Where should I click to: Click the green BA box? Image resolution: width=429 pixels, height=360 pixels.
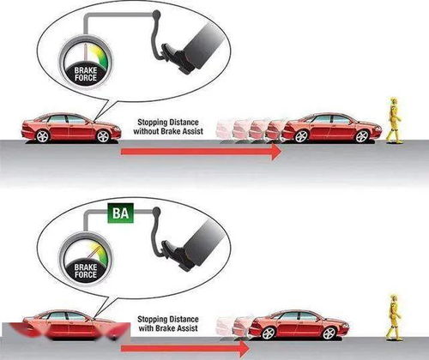(121, 213)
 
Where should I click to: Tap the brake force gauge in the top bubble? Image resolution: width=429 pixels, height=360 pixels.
(86, 63)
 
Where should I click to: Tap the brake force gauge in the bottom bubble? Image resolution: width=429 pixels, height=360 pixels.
(86, 260)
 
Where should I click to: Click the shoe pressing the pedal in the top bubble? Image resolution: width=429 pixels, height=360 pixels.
(178, 58)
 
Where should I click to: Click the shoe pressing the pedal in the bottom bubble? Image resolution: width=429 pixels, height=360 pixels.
(178, 256)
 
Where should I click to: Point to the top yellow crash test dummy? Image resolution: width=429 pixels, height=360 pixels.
(394, 120)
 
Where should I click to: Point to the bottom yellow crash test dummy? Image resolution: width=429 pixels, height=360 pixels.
(394, 317)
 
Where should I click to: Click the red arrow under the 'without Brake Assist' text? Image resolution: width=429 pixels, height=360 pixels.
(202, 152)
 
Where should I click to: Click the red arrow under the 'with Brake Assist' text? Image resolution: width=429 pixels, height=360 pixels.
(185, 349)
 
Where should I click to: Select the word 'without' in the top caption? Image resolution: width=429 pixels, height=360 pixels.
(146, 131)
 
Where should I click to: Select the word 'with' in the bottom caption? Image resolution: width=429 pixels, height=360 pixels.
(145, 328)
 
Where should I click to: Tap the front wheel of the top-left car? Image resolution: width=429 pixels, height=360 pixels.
(103, 136)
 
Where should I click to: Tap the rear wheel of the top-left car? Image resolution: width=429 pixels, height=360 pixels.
(42, 136)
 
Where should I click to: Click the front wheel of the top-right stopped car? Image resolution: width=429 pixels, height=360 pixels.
(362, 136)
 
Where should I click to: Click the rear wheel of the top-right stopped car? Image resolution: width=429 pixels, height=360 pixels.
(301, 136)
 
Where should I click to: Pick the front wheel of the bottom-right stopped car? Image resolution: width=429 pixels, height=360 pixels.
(329, 333)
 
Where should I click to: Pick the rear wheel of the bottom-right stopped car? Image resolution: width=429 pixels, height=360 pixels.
(269, 333)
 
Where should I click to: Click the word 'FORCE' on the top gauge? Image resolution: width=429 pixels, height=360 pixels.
(86, 78)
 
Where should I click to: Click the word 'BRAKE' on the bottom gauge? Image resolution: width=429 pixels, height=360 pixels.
(86, 267)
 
